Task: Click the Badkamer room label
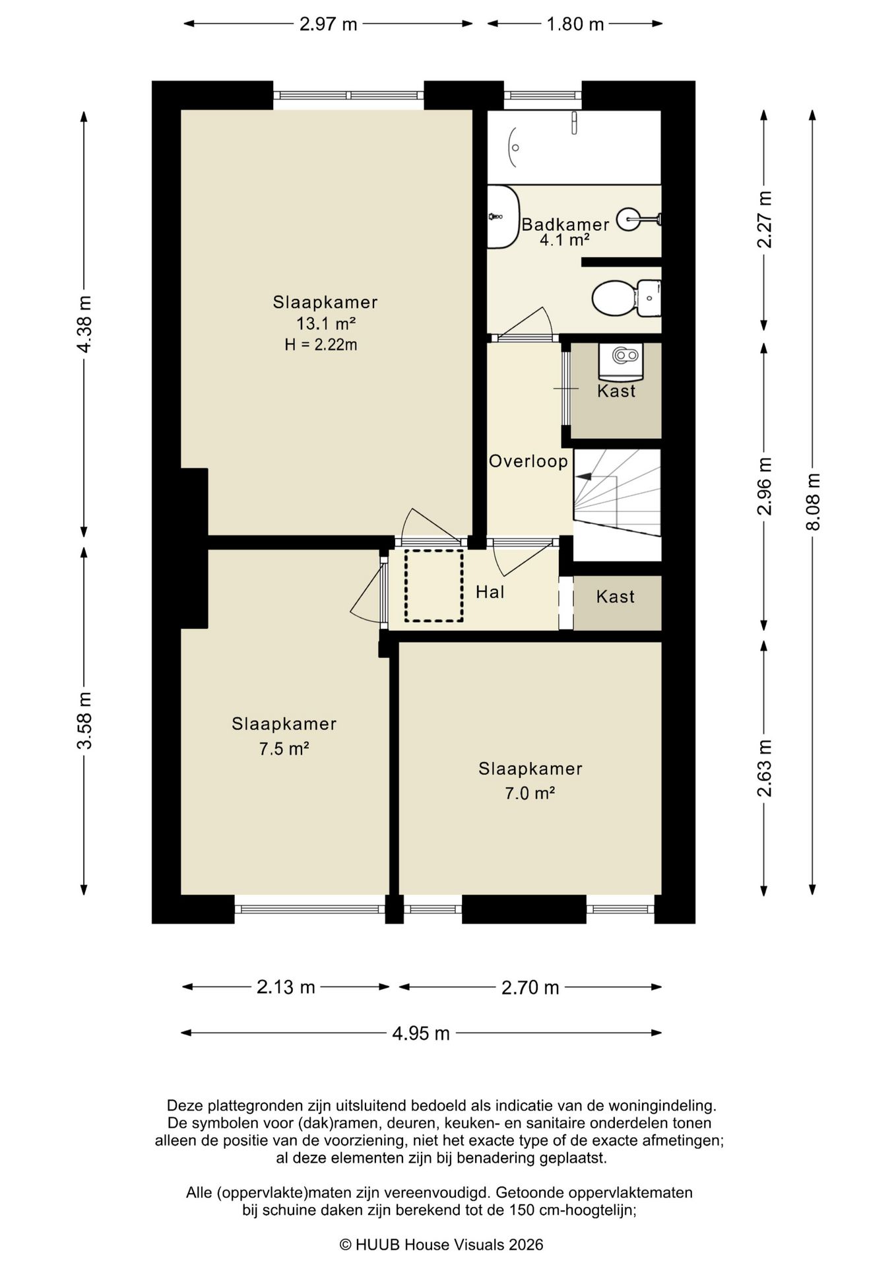coord(565,224)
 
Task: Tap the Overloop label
coord(528,461)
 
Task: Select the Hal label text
coord(490,592)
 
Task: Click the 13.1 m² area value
coord(326,323)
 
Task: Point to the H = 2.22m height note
coord(321,344)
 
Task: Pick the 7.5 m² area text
coord(284,749)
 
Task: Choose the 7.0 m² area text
coord(530,793)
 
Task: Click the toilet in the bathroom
coord(626,298)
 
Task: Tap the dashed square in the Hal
coord(434,585)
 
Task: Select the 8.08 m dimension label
coord(814,502)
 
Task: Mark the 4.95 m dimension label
coord(421,1033)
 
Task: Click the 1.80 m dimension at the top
coord(575,24)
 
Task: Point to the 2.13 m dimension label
coord(286,987)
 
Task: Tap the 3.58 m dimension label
coord(84,721)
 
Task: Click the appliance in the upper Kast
coord(621,362)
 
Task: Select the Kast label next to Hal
coord(616,597)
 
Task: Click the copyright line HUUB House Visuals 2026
coord(441,1245)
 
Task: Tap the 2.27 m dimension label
coord(765,219)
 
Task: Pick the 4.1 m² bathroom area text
coord(565,240)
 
